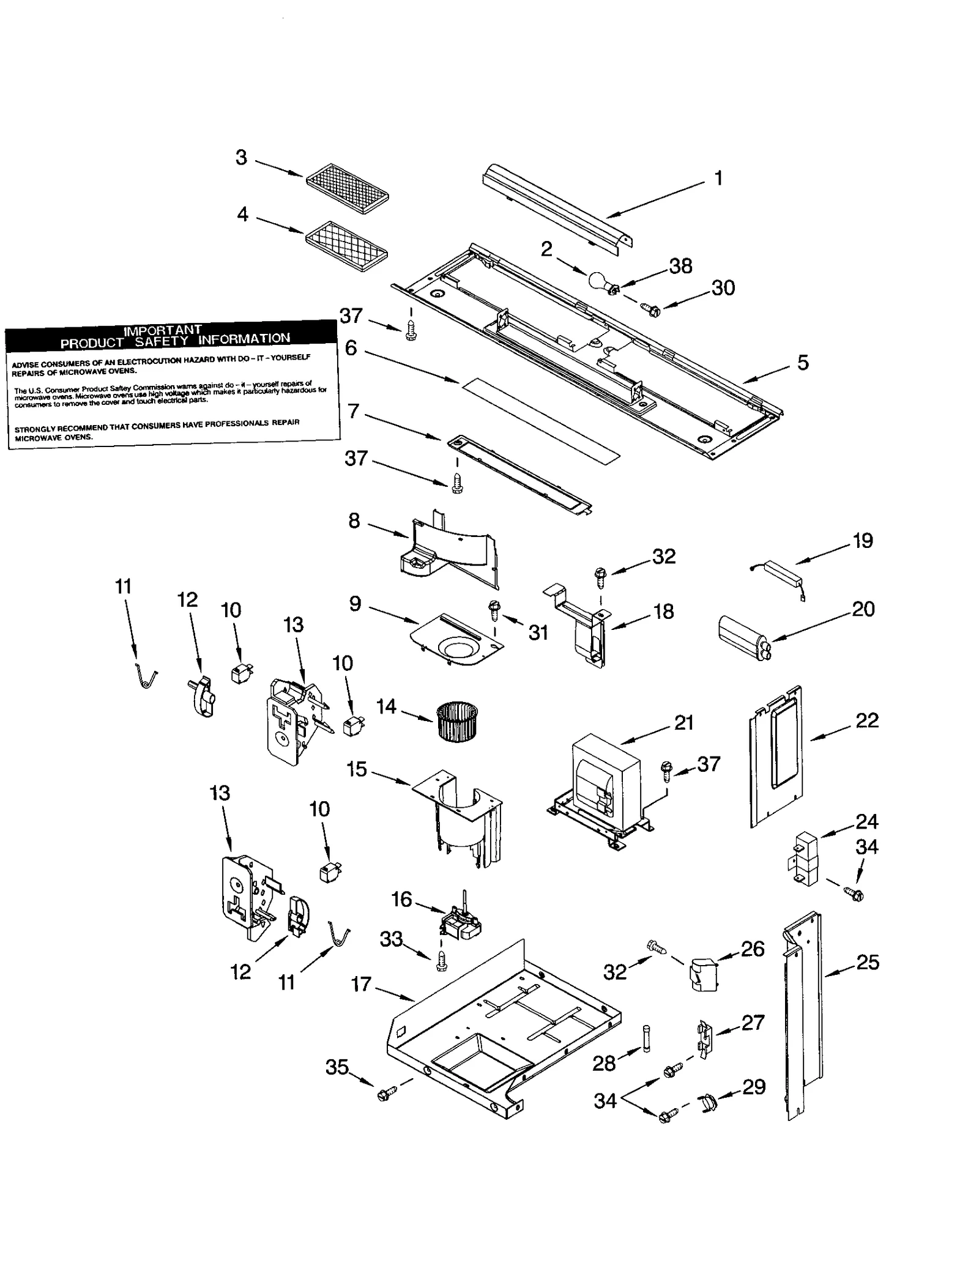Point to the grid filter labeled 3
347,188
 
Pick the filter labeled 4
347,246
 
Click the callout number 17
361,984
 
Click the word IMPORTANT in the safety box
163,330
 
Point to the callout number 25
868,962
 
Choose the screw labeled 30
652,310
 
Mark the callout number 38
680,266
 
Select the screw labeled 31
494,609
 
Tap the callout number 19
863,541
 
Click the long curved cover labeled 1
557,208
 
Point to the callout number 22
867,720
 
